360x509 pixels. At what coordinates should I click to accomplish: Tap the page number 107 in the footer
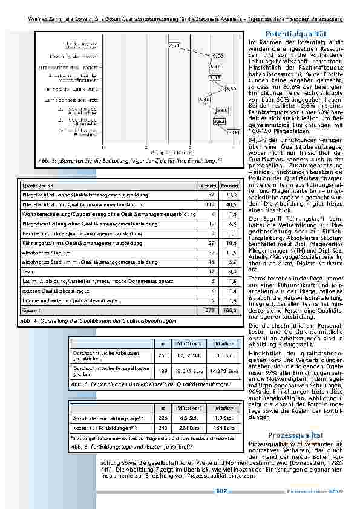(x=221, y=491)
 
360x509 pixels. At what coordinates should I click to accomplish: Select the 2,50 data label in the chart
(x=174, y=45)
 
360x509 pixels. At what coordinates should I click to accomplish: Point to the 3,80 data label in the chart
(x=230, y=88)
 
